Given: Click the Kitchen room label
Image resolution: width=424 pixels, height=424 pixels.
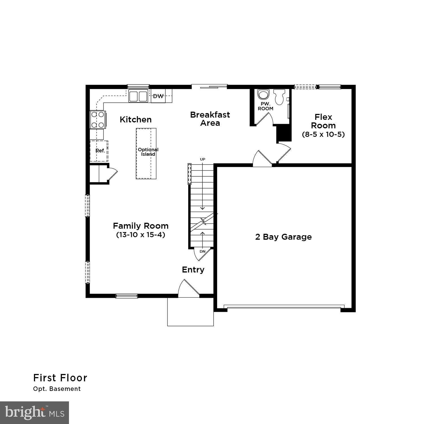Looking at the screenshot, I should (x=135, y=120).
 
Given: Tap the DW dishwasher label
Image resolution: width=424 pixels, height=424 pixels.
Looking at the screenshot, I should (x=158, y=96).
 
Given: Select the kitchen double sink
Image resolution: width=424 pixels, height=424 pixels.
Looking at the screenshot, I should (x=138, y=96).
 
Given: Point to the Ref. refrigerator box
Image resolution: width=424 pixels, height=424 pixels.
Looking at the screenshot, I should (x=99, y=151).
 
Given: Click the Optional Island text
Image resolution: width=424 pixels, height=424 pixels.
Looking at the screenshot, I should (x=148, y=152).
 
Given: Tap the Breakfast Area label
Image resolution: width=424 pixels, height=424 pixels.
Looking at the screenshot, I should (x=210, y=119).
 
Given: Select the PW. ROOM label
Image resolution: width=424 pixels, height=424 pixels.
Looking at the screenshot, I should (x=265, y=106).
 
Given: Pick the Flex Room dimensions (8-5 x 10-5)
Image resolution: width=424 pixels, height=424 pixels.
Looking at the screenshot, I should (x=323, y=134).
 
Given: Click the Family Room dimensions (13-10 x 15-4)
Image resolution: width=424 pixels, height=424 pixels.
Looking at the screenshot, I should (x=140, y=235).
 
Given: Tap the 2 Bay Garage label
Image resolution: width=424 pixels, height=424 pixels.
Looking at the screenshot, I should (x=283, y=237).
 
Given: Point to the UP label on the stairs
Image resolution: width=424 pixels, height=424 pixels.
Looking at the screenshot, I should (x=202, y=159).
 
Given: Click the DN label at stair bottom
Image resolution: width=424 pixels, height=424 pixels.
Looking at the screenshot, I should (x=202, y=251).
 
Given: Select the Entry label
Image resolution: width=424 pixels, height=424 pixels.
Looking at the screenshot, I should (x=193, y=270).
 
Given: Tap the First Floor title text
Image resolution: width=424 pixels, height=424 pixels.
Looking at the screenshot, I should (x=60, y=378).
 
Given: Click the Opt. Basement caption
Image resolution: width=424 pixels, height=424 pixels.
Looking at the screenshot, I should (x=57, y=389).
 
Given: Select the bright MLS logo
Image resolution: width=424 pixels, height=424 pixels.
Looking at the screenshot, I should (x=34, y=413).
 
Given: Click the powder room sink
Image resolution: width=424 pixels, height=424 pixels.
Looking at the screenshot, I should (x=263, y=94).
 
